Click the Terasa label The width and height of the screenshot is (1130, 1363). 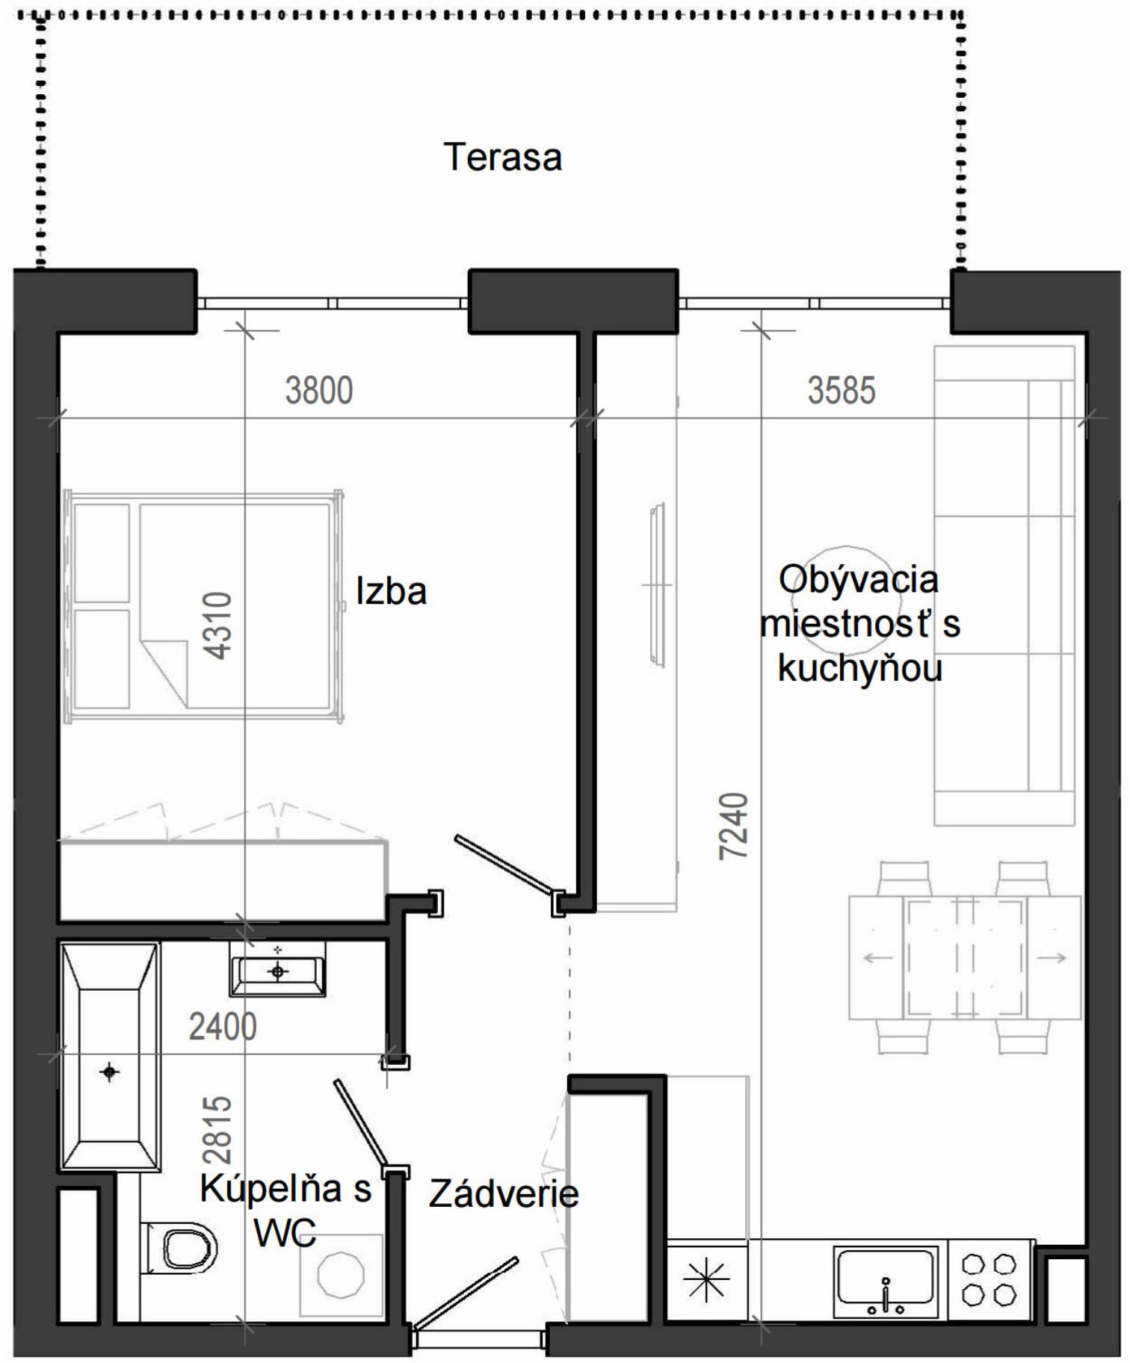coord(502,157)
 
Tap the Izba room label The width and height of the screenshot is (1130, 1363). coord(391,591)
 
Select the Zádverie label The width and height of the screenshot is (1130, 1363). coord(504,1193)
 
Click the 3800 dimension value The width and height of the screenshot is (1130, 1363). coord(319,391)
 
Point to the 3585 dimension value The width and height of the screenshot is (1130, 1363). coord(841,391)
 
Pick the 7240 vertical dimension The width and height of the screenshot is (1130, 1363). coord(733,826)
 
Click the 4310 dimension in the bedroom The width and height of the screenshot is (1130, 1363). coord(217,625)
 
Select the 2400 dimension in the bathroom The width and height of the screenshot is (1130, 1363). coord(223,1027)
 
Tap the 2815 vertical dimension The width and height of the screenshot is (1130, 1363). coord(217,1130)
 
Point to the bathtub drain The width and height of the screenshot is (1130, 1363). coord(110,1072)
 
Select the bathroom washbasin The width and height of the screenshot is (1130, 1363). coord(277,969)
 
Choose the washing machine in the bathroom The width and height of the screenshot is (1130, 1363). coord(342,1274)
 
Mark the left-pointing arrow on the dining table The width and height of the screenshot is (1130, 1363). coord(878,957)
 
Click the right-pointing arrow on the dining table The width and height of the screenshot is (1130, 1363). coord(1052,957)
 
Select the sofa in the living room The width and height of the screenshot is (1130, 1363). coord(1005,585)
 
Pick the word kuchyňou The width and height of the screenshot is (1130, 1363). coord(859,668)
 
